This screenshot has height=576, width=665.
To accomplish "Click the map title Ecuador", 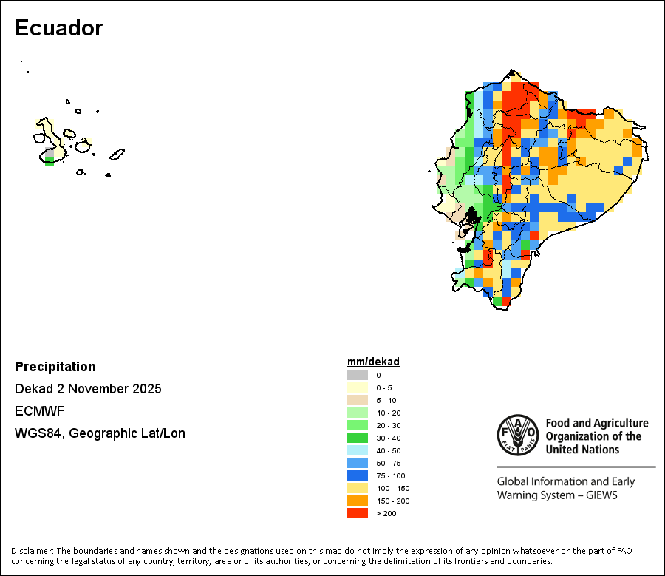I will pyautogui.click(x=58, y=28).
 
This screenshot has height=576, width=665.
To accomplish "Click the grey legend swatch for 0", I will pyautogui.click(x=358, y=375).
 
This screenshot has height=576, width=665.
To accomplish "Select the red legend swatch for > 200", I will pyautogui.click(x=358, y=513).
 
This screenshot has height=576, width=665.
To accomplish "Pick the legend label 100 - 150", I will pyautogui.click(x=392, y=488).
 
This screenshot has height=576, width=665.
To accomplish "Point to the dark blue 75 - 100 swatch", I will pyautogui.click(x=358, y=475).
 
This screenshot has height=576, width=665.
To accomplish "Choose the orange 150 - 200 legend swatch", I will pyautogui.click(x=358, y=501).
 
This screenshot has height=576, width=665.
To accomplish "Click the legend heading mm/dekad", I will pyautogui.click(x=373, y=362).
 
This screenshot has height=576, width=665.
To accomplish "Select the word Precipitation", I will pyautogui.click(x=55, y=367).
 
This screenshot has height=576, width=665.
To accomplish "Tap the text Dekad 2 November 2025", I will pyautogui.click(x=88, y=389).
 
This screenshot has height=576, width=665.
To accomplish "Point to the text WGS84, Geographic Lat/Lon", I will pyautogui.click(x=100, y=433).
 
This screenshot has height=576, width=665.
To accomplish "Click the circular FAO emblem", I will pyautogui.click(x=516, y=435).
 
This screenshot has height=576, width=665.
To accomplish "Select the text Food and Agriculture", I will pyautogui.click(x=596, y=424).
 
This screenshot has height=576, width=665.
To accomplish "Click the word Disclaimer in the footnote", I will pyautogui.click(x=32, y=551).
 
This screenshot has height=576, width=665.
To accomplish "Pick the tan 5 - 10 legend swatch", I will pyautogui.click(x=358, y=400).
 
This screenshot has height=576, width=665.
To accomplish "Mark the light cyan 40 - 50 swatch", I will pyautogui.click(x=358, y=450).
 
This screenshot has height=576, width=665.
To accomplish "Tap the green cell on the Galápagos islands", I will pyautogui.click(x=50, y=160).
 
